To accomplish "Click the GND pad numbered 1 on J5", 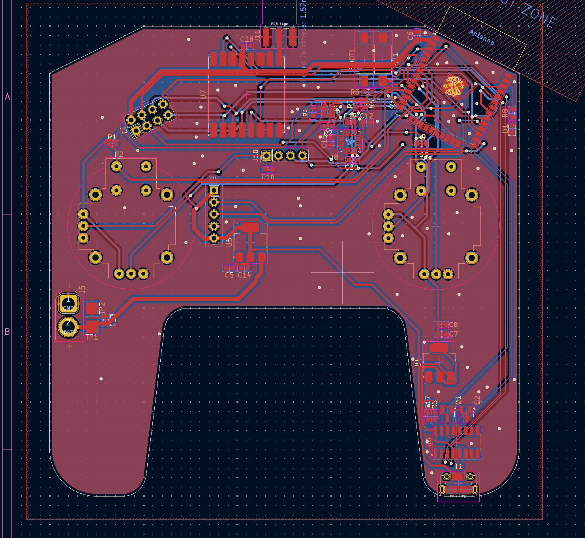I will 68,303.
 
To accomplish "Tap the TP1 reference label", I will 92,337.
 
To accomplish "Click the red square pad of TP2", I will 92,308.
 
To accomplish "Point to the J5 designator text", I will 82,290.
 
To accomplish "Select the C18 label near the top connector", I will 247,39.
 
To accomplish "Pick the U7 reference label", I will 203,94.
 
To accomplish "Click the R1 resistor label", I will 112,137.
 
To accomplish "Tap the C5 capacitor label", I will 229,275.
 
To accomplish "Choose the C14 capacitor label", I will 244,275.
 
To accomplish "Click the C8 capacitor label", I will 453,325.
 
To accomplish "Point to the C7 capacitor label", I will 453,334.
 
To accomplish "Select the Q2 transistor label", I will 477,400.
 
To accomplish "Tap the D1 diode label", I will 506,129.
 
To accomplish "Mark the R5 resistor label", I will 354,92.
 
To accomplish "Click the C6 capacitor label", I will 410,35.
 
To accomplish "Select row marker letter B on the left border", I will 7,332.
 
